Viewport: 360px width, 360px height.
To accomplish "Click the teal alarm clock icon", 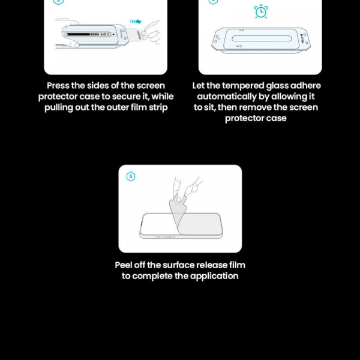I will tap(261, 11).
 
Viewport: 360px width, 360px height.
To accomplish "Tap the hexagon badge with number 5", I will tap(131, 176).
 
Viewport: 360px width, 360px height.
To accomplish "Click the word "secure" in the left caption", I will tap(121, 97).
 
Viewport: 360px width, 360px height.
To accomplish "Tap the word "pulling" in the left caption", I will tap(59, 107).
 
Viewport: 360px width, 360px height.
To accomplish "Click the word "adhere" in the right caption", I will tap(302, 86).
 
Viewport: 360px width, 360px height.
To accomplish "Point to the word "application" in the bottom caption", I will tap(214, 276).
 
